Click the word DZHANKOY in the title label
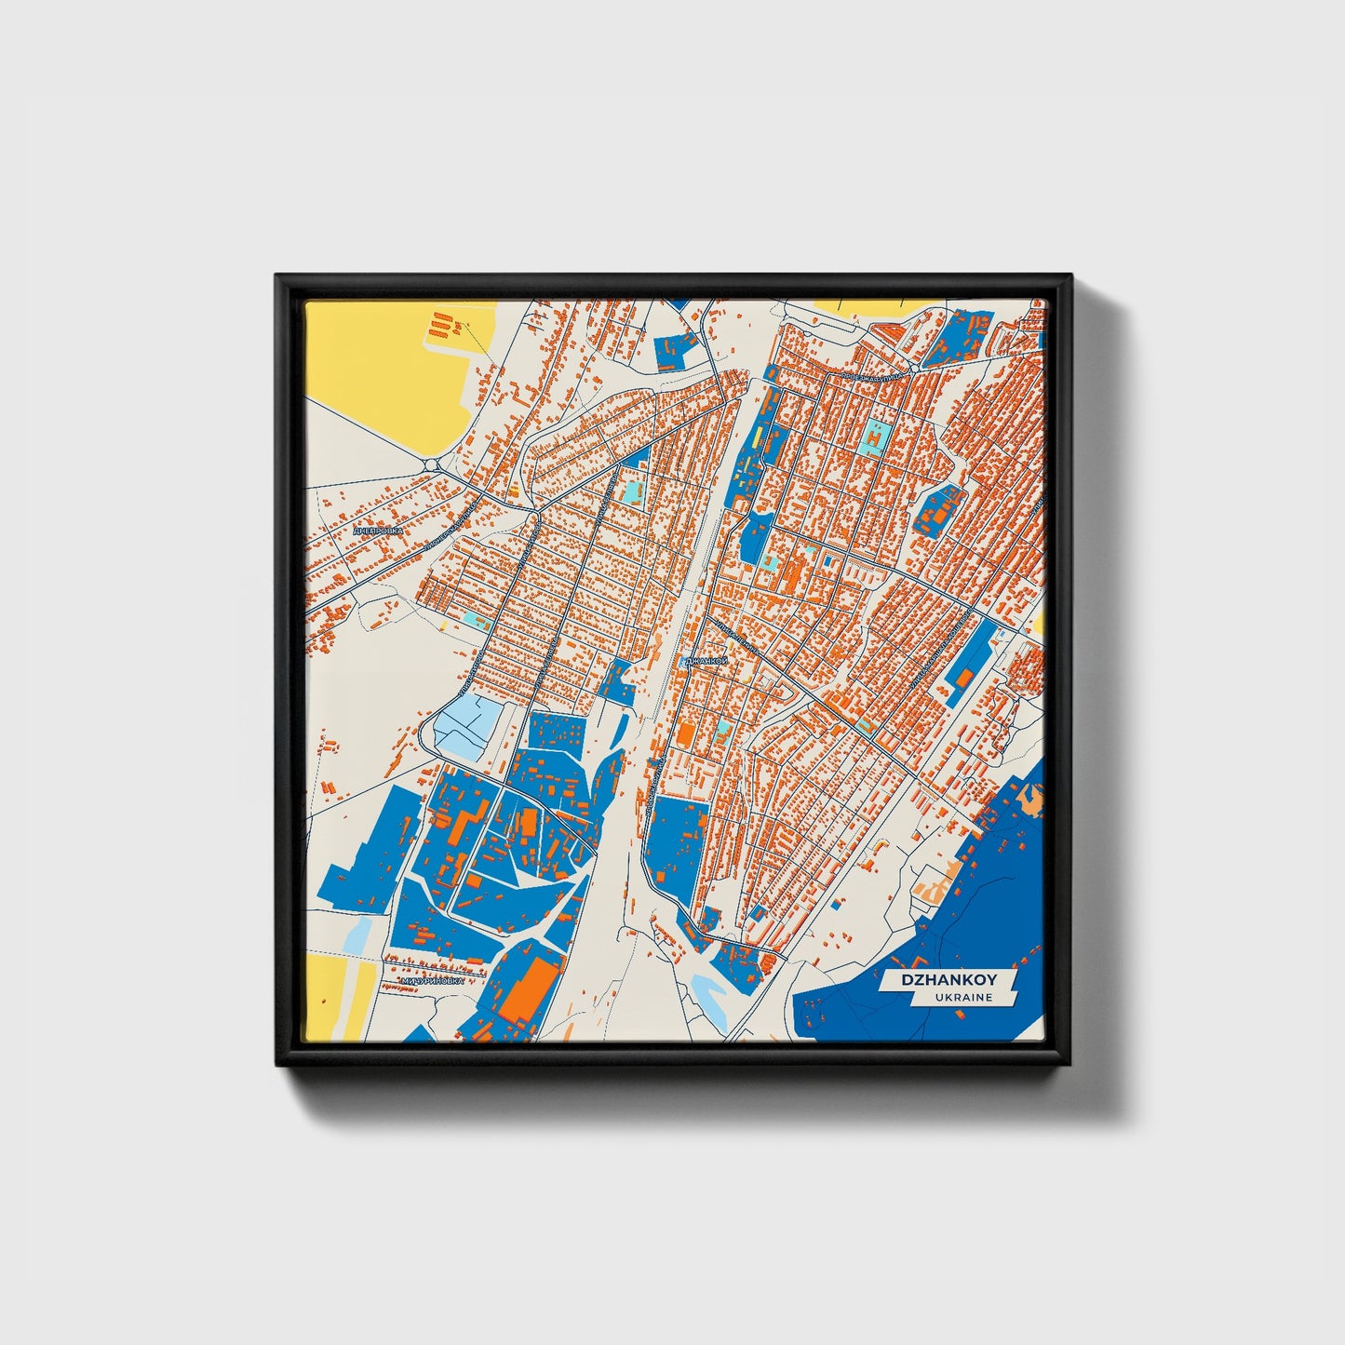coord(948,980)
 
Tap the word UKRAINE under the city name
coord(965,998)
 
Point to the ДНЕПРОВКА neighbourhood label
coord(379,530)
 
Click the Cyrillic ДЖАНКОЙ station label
coord(705,662)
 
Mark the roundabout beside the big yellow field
coord(431,463)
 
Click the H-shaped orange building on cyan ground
coord(876,434)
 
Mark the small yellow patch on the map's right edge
coord(1039,623)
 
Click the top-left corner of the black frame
coord(277,276)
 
